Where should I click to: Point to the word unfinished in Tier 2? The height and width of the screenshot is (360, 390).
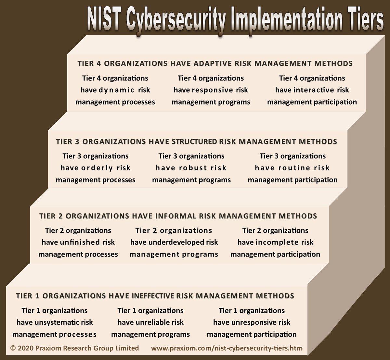click(x=80, y=242)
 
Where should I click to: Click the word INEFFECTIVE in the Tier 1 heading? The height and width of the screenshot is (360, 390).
click(x=153, y=296)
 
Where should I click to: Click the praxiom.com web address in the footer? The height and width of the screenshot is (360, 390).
click(x=227, y=348)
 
